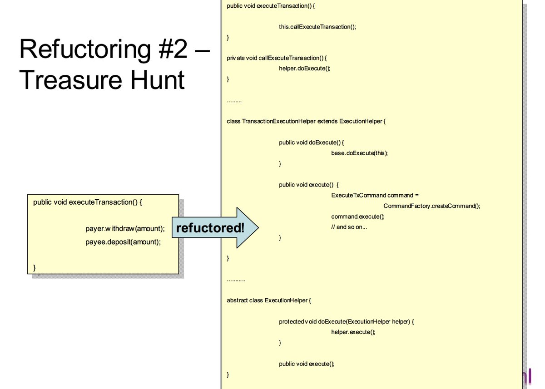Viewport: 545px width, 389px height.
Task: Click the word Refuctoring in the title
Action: [84, 49]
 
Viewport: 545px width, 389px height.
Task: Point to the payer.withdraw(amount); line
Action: [125, 228]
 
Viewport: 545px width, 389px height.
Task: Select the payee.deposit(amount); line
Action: [123, 242]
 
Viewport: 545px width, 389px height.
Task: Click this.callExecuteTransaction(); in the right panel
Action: [317, 27]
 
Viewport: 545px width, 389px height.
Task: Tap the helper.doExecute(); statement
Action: [305, 68]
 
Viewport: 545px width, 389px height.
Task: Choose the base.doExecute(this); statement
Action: [359, 153]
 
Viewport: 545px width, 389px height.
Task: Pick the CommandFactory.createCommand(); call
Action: [431, 206]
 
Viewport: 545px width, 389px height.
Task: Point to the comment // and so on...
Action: [349, 227]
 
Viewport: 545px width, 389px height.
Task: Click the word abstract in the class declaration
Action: [237, 300]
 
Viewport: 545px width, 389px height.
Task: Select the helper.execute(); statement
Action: [353, 332]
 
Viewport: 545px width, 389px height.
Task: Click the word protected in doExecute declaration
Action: [291, 321]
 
